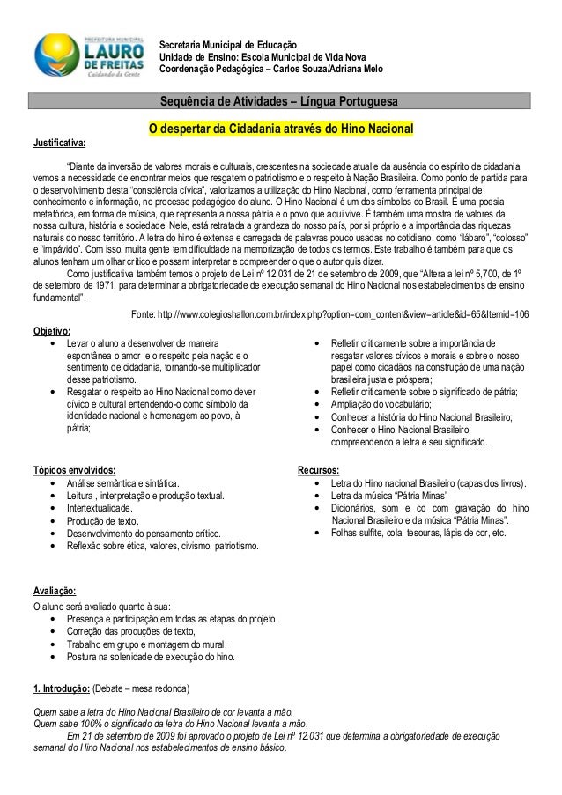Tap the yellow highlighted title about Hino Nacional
click(280, 130)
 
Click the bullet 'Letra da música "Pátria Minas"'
click(388, 496)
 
